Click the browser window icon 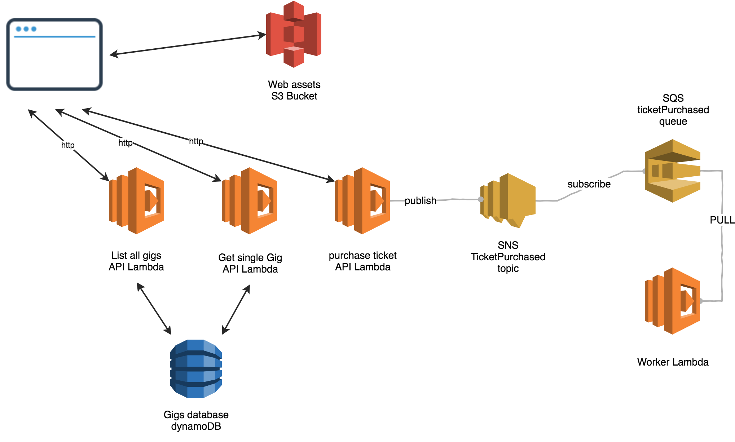54,54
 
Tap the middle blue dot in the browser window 26,29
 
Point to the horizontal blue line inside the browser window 54,36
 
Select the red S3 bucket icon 294,35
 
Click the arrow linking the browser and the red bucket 188,44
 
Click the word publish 420,200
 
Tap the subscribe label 589,184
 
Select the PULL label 722,220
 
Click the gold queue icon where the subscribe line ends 673,171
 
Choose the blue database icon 196,368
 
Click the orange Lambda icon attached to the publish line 362,200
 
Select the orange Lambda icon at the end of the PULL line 673,301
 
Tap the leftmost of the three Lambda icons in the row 137,200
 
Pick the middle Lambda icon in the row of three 250,200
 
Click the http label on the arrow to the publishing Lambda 196,141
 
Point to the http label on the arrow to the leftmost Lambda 68,145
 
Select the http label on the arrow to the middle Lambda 126,143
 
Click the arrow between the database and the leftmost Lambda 154,309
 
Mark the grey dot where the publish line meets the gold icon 480,199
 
